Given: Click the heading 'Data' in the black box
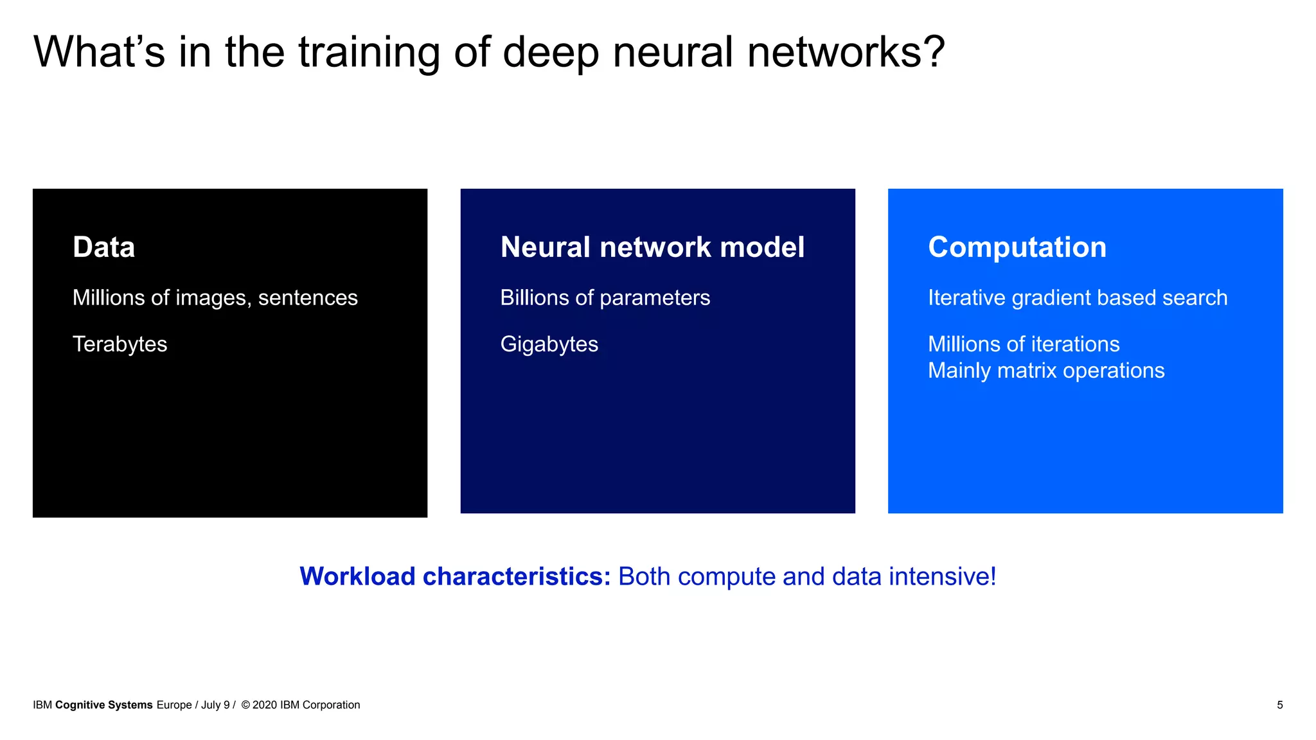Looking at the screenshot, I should point(103,247).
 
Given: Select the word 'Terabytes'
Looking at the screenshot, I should point(120,344).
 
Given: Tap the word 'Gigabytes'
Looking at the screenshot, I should point(549,344).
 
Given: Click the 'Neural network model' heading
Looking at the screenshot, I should point(652,247).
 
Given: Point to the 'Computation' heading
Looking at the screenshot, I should point(1017,247).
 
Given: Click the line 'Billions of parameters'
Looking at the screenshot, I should point(605,298).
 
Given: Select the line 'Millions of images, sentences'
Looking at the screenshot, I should point(215,298).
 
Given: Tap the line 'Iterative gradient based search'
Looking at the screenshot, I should point(1077,298).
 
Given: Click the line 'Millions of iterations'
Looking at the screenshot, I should point(1023,344).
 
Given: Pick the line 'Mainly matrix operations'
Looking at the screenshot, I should point(1045,371).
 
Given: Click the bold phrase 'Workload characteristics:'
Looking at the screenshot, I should point(455,576).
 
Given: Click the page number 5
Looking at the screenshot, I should point(1279,705).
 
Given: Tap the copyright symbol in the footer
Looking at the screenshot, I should point(245,705).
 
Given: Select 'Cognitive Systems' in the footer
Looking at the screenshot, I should point(103,705).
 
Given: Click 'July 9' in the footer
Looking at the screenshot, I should point(215,705).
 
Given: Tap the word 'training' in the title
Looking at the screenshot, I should point(369,53).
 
